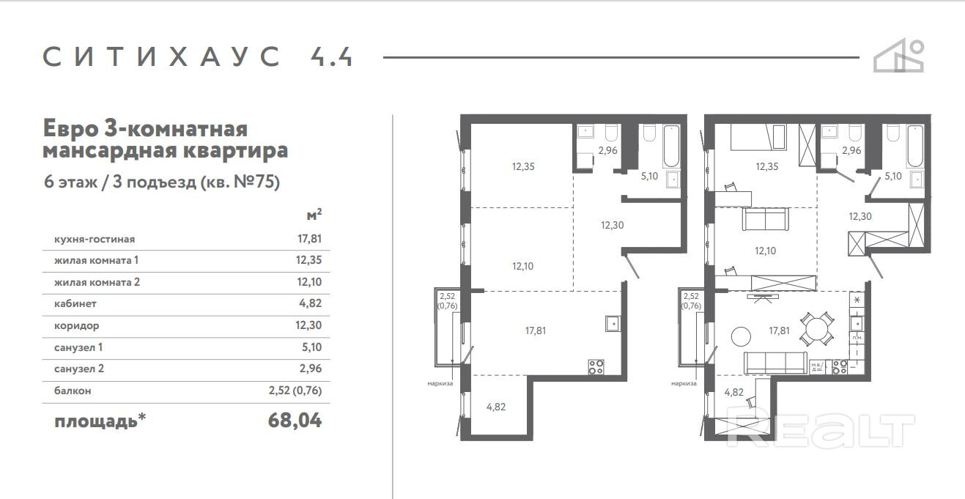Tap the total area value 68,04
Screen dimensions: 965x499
(x=295, y=420)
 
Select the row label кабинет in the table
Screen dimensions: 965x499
(x=75, y=303)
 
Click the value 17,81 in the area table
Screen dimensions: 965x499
(x=309, y=238)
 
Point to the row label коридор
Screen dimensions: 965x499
(x=77, y=326)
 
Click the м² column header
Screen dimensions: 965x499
(x=314, y=214)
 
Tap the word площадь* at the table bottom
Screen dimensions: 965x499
(x=100, y=421)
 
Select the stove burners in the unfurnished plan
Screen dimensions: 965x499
(x=596, y=366)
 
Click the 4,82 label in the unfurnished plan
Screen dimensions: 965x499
(x=496, y=407)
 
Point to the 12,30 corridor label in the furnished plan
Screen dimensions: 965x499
(x=860, y=216)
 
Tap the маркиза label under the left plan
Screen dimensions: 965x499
(x=440, y=383)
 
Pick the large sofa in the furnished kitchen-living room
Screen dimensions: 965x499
(x=775, y=363)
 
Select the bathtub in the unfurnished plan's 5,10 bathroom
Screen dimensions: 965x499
(x=671, y=146)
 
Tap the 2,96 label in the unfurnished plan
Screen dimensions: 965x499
(x=607, y=150)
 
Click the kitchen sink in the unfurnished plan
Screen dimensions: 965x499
(x=613, y=323)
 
